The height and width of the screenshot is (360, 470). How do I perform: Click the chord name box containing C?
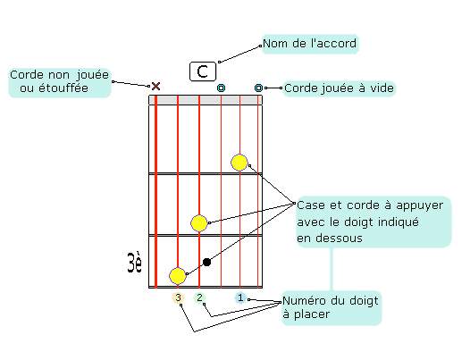203,71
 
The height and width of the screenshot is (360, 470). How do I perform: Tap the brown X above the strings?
155,87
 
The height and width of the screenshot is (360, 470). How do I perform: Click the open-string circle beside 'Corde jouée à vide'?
258,88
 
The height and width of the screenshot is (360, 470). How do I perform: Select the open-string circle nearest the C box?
221,88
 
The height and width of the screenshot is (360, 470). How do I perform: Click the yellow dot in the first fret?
239,163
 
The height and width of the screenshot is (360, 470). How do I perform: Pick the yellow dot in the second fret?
199,223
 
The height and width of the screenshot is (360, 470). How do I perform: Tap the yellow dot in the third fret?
178,276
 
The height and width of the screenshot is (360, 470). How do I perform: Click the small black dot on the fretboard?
206,263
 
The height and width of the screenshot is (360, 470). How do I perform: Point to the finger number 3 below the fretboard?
179,297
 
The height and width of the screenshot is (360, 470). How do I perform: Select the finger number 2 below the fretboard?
199,297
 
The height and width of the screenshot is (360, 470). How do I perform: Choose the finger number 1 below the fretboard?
240,297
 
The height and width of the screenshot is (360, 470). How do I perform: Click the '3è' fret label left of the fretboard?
134,263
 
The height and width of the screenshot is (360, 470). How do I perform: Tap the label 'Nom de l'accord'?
310,44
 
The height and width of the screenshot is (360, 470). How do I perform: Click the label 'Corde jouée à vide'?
339,88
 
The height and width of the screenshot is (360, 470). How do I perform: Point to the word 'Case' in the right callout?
311,205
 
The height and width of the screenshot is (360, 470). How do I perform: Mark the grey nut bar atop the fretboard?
206,100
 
